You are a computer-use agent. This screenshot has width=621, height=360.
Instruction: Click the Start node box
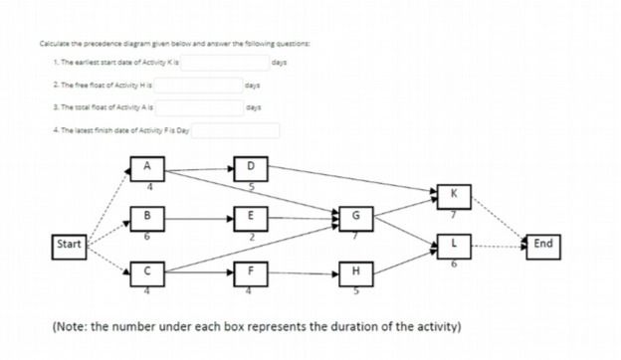pos(69,243)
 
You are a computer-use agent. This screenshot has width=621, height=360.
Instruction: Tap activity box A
pos(147,166)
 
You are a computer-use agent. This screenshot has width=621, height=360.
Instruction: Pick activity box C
pos(147,271)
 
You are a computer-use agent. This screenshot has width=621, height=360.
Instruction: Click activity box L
pos(454,243)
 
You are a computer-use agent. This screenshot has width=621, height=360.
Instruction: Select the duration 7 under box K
pos(454,213)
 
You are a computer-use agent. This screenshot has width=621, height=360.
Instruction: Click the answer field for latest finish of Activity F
pos(236,130)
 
